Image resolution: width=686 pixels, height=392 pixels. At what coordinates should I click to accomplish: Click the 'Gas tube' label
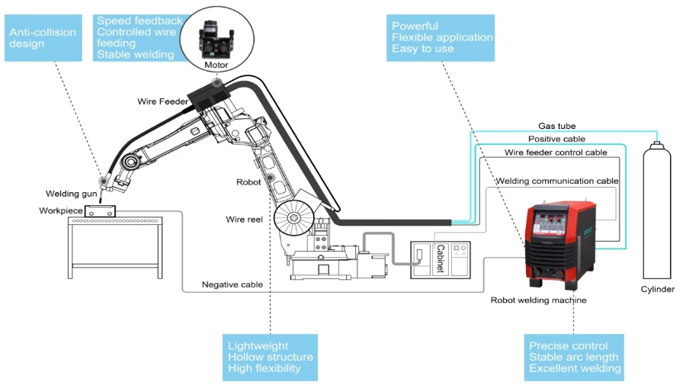tap(556, 126)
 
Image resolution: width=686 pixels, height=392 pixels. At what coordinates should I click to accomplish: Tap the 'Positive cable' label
tap(556, 139)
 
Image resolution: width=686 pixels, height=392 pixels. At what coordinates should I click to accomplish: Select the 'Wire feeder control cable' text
tap(556, 153)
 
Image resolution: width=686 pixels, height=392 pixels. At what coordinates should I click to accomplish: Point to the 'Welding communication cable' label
tap(556, 181)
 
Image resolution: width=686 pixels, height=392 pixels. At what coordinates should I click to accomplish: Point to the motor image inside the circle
tap(215, 36)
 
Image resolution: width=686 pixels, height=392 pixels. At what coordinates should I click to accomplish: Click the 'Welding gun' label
tap(71, 194)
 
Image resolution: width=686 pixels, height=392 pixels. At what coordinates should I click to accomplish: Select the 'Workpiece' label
tap(60, 210)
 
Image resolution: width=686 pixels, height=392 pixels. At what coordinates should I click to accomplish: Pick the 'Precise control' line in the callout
tap(568, 345)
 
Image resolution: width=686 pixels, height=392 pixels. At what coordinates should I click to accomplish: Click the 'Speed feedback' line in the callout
tap(139, 21)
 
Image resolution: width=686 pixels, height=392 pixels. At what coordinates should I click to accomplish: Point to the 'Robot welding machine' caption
tap(539, 300)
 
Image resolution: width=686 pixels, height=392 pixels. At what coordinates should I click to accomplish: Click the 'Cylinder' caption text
tap(658, 290)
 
